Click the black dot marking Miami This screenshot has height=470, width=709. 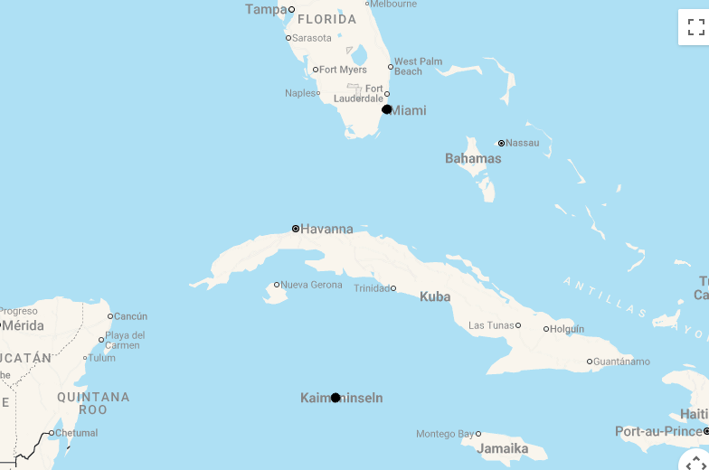pyautogui.click(x=387, y=109)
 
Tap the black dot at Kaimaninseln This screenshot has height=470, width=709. pyautogui.click(x=336, y=398)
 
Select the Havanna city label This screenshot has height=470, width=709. pyautogui.click(x=326, y=229)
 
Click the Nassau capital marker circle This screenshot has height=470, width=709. pyautogui.click(x=501, y=143)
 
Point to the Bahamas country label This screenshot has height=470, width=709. pyautogui.click(x=473, y=158)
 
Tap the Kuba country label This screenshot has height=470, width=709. pyautogui.click(x=435, y=296)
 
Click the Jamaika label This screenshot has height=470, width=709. pyautogui.click(x=502, y=448)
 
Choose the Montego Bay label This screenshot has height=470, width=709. pyautogui.click(x=445, y=434)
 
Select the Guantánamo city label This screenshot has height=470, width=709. pyautogui.click(x=621, y=362)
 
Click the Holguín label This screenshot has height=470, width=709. pyautogui.click(x=567, y=329)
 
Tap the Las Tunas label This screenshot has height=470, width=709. pyautogui.click(x=491, y=325)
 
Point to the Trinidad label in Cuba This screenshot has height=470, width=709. pyautogui.click(x=372, y=288)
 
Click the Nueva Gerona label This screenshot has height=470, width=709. pyautogui.click(x=312, y=285)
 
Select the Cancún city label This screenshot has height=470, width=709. pyautogui.click(x=130, y=316)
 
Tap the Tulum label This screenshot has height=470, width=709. pyautogui.click(x=101, y=358)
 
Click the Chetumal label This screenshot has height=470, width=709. pyautogui.click(x=76, y=433)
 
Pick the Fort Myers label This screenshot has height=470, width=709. pyautogui.click(x=343, y=70)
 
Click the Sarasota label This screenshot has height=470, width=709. pyautogui.click(x=312, y=38)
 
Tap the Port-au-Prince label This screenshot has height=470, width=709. pyautogui.click(x=658, y=431)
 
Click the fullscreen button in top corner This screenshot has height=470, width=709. pyautogui.click(x=694, y=26)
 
